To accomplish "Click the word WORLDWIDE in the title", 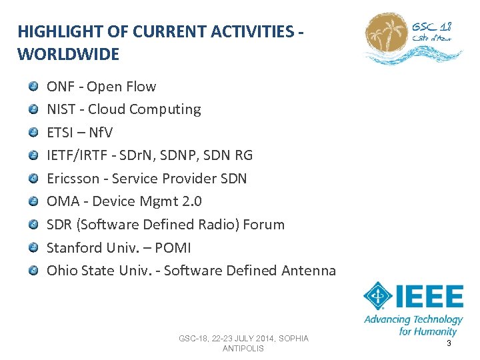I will [68, 54].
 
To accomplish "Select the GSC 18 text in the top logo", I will [431, 28].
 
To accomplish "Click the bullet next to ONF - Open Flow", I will [33, 86].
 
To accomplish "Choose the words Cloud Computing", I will [144, 109].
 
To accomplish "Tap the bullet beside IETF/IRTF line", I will [33, 155].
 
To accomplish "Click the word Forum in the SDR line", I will [263, 225].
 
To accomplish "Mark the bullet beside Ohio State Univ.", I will [33, 271].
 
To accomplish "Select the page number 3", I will [449, 343].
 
